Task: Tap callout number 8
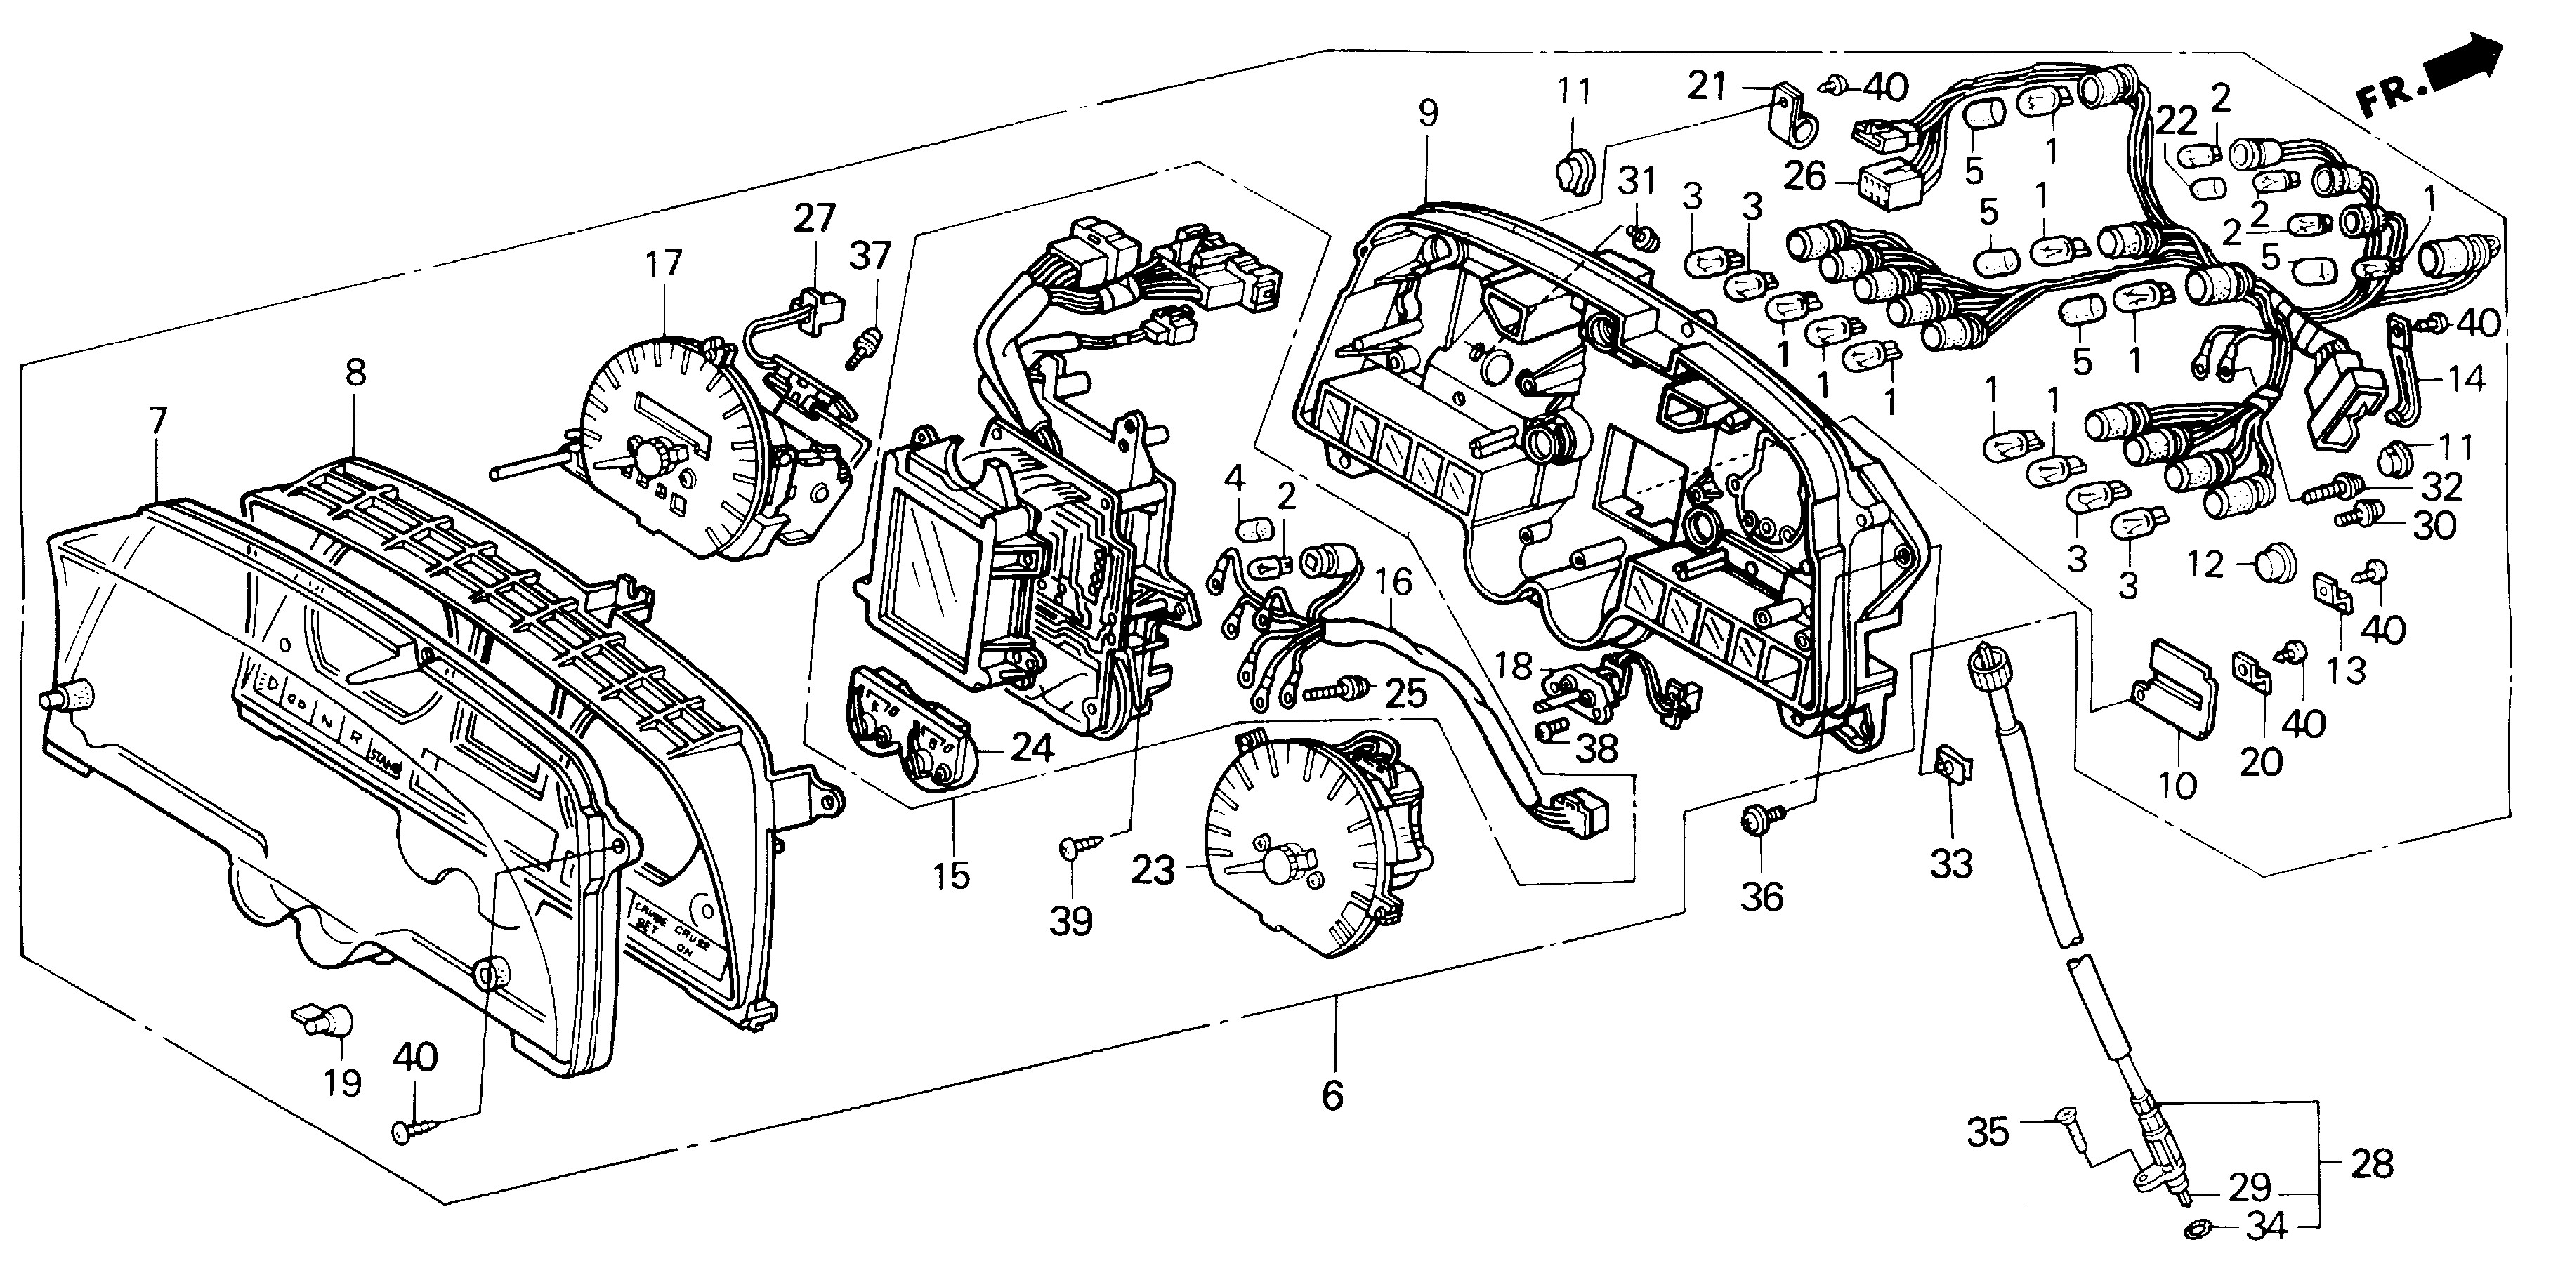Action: point(355,374)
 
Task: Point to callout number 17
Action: point(663,263)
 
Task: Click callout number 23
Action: point(1153,871)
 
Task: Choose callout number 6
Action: point(1332,1095)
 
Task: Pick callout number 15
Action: point(950,876)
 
